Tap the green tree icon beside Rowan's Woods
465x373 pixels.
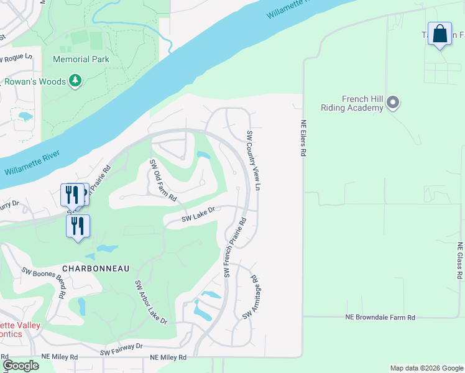pos(75,81)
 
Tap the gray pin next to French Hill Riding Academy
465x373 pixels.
pos(392,103)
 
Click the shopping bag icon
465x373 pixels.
pos(440,35)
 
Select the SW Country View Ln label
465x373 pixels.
pos(252,161)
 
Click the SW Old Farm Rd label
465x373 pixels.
pos(163,180)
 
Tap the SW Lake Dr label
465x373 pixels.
pos(198,214)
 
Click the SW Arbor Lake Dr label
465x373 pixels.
pos(151,302)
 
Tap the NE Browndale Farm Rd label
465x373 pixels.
pos(380,317)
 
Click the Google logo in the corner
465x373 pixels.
pos(21,366)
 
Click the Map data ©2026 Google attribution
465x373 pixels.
pos(426,368)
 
